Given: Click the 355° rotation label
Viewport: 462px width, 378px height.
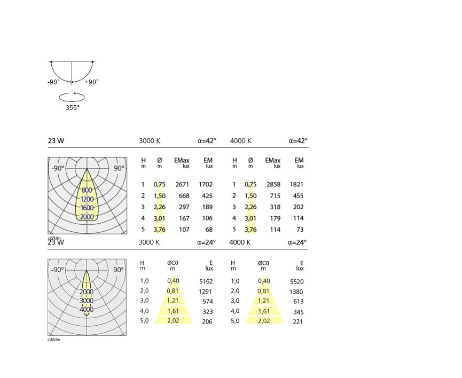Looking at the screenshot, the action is pos(73,107).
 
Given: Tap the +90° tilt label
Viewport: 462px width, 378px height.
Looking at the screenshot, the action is pos(92,82).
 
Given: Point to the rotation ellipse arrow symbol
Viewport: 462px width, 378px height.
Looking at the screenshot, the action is pos(72,97).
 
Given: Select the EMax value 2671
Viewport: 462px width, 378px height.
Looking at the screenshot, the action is pos(182,184).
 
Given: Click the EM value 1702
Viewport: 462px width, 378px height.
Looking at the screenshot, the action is pos(206,184).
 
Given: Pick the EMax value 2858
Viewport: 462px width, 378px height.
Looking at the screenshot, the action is pos(273,184).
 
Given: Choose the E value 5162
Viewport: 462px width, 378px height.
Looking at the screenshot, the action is pos(206,281).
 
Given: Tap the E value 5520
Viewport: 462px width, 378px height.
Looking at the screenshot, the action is pos(297,282).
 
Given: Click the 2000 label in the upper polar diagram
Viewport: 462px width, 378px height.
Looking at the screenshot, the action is pos(87,217).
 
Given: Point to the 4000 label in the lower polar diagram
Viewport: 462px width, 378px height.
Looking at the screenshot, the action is pos(87,309).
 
